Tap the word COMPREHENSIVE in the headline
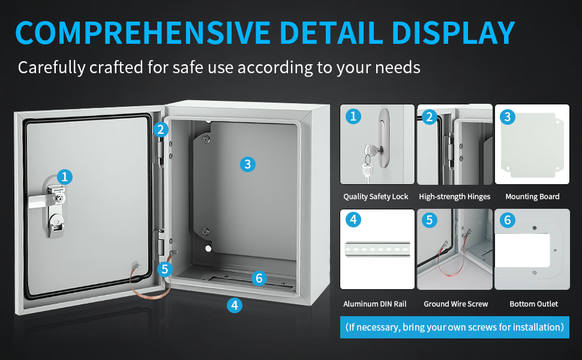pos(143,32)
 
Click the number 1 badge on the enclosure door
pos(65,176)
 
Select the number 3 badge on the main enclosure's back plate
pos(248,164)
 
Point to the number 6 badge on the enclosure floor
pos(259,278)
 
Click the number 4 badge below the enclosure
pos(235,305)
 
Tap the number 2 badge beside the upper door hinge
pos(161,130)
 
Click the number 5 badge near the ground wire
pos(165,269)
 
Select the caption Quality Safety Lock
pos(376,197)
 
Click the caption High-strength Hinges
pos(455,197)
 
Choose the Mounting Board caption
pos(532,197)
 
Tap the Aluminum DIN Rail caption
pos(375,304)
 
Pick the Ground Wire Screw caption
pos(456,304)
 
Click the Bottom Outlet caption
pos(534,304)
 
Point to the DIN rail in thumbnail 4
pos(377,249)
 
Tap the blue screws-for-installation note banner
pos(455,327)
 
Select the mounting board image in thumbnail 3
pos(532,145)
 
